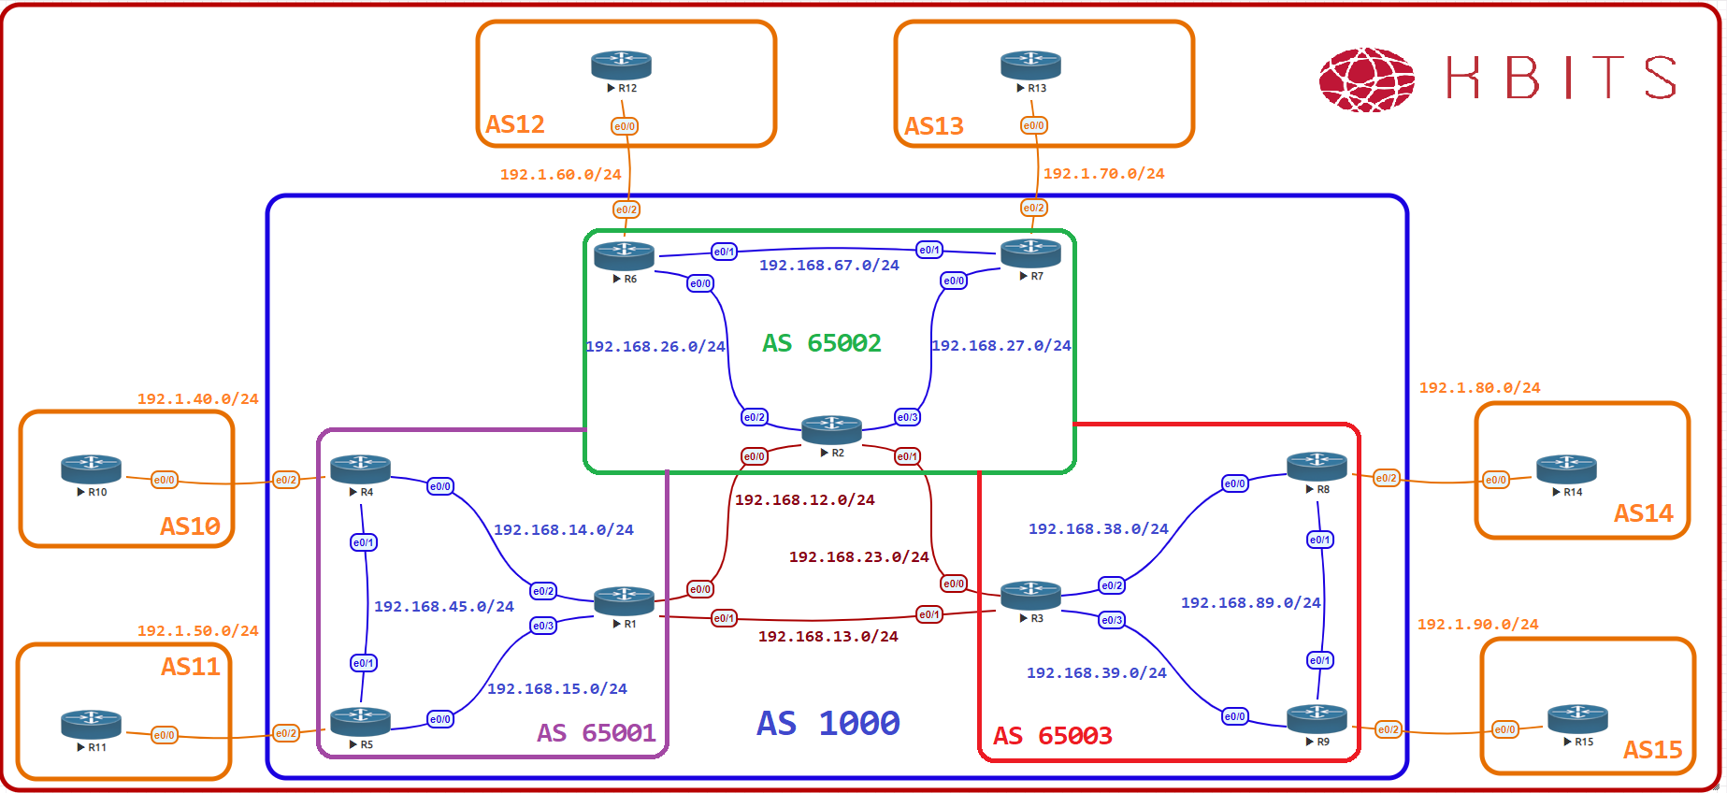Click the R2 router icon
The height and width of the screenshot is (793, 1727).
coord(831,430)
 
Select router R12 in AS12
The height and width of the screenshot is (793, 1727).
coord(621,65)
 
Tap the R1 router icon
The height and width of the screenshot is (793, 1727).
coord(624,601)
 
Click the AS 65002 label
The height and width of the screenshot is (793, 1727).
coord(822,343)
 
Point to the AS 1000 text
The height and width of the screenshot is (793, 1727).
coord(828,723)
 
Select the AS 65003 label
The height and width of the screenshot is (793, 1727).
coord(1052,736)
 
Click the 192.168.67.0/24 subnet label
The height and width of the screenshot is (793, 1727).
coord(828,266)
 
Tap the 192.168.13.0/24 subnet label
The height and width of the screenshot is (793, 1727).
coord(828,637)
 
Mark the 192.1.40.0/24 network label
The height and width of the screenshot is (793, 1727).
coord(197,399)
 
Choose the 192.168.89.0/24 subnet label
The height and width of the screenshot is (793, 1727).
coord(1250,603)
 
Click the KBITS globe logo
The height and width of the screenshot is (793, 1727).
coord(1366,79)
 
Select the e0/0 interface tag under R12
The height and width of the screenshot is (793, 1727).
coord(625,126)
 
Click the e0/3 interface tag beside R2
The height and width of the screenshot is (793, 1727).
coord(907,417)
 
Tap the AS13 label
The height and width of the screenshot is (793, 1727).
coord(933,126)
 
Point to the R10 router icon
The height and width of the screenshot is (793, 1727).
coord(91,469)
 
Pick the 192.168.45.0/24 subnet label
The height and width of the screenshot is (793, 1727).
coord(443,607)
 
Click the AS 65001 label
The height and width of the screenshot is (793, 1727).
coord(596,733)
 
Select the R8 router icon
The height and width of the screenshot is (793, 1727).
coord(1317,466)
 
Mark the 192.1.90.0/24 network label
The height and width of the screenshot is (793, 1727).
coord(1477,625)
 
